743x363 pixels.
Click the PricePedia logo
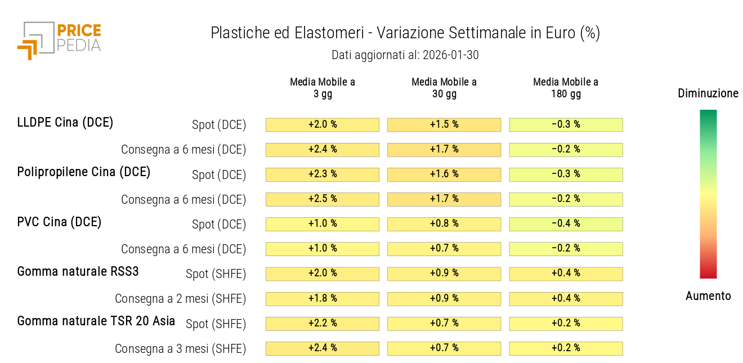pyautogui.click(x=59, y=40)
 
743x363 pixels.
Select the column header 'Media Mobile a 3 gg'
pyautogui.click(x=323, y=88)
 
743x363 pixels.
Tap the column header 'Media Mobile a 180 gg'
pyautogui.click(x=566, y=88)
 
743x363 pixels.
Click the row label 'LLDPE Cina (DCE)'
pyautogui.click(x=65, y=122)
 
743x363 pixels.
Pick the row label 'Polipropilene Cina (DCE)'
pyautogui.click(x=84, y=172)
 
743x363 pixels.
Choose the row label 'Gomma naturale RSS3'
pyautogui.click(x=78, y=271)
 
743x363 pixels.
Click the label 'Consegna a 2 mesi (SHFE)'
pyautogui.click(x=181, y=299)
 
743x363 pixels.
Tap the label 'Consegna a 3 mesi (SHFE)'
pyautogui.click(x=181, y=349)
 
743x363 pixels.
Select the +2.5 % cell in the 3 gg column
pyautogui.click(x=323, y=199)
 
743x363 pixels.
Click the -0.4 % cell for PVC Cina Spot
pyautogui.click(x=566, y=224)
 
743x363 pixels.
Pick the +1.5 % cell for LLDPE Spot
pyautogui.click(x=444, y=124)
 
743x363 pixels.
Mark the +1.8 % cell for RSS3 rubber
pyautogui.click(x=323, y=299)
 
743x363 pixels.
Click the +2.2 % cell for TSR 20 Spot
pyautogui.click(x=323, y=324)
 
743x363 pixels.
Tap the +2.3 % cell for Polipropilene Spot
pyautogui.click(x=323, y=174)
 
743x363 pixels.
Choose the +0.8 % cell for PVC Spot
pyautogui.click(x=444, y=224)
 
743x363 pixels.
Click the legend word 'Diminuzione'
pyautogui.click(x=708, y=93)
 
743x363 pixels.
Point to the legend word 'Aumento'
pyautogui.click(x=708, y=296)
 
